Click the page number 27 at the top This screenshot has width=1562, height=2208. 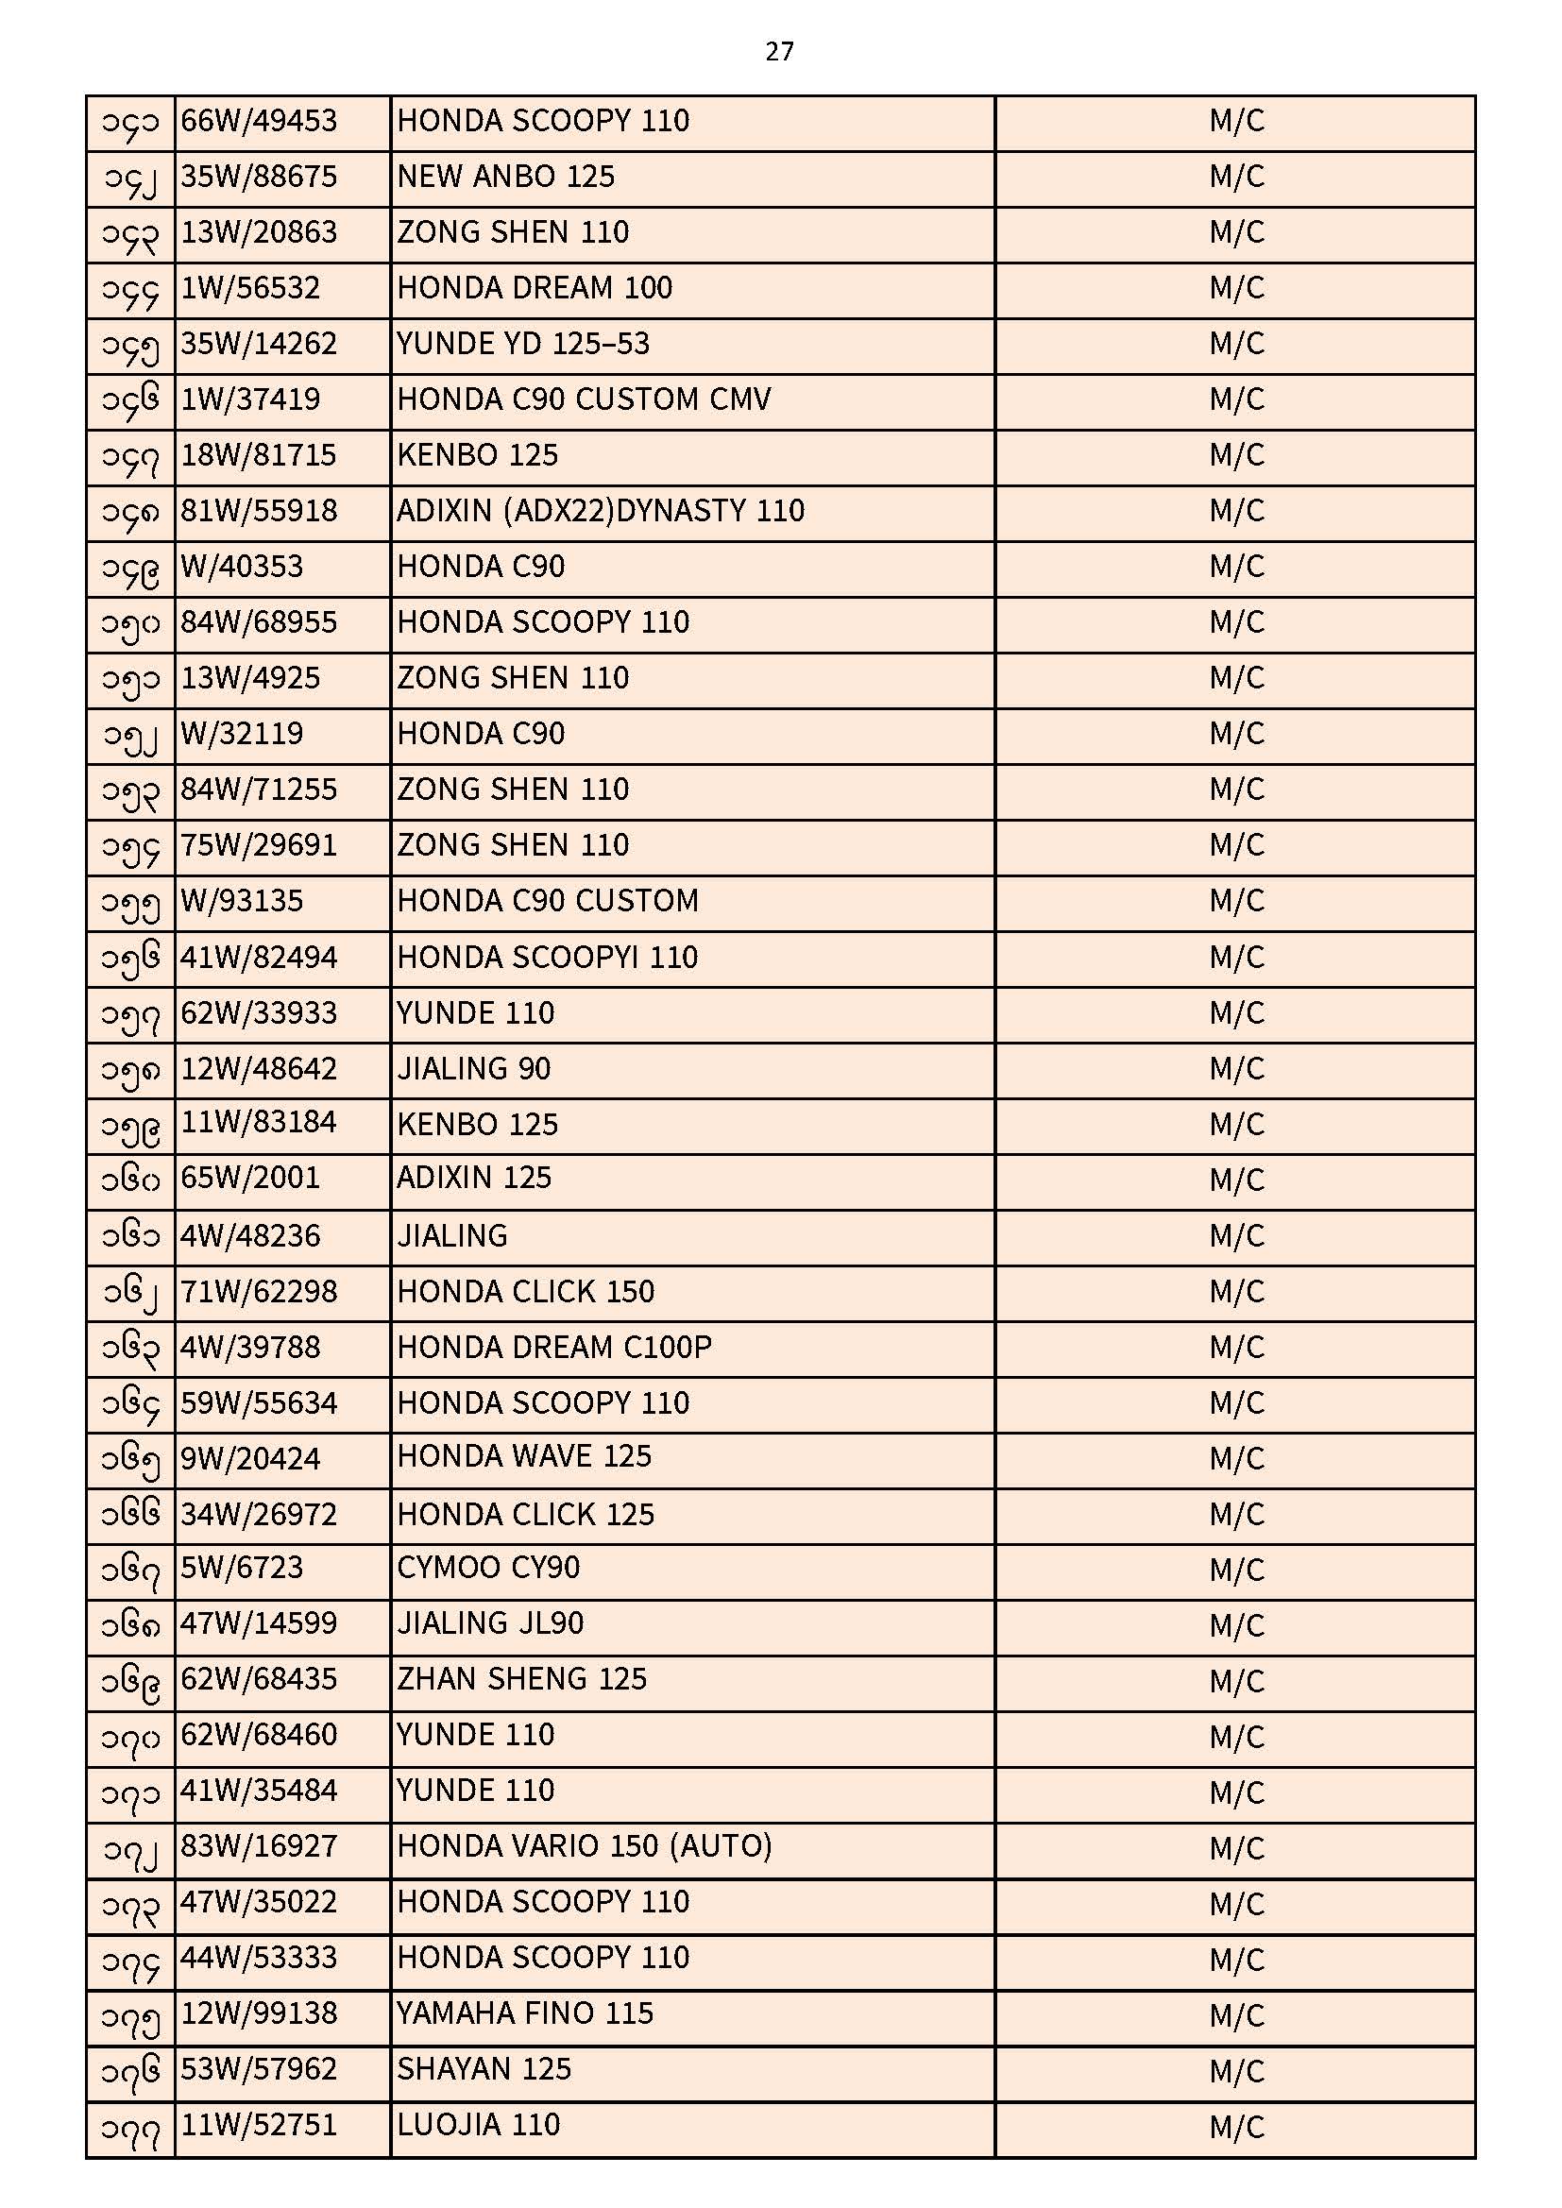click(x=779, y=51)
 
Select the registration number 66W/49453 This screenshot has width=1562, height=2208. click(x=259, y=121)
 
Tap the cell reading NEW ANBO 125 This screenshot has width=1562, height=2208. click(x=505, y=177)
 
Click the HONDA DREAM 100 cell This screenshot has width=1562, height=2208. click(x=534, y=288)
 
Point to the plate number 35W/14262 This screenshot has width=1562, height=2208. click(x=259, y=345)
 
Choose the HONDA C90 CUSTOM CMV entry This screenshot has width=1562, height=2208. click(x=583, y=400)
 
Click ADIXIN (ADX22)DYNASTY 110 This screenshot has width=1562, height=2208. click(x=601, y=512)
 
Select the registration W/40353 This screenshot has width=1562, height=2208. click(x=242, y=568)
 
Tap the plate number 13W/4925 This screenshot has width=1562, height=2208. click(x=250, y=679)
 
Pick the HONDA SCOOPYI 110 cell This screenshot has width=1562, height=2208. click(x=548, y=958)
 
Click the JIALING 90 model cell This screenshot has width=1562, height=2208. click(x=473, y=1069)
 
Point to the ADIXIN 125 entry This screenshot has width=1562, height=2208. click(x=474, y=1179)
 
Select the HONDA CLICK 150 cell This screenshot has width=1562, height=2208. click(x=525, y=1292)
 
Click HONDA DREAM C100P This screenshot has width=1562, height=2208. click(x=554, y=1348)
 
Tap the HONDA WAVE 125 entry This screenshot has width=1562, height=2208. click(x=524, y=1457)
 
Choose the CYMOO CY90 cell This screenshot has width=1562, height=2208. click(x=487, y=1569)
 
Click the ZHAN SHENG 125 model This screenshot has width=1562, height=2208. click(x=521, y=1680)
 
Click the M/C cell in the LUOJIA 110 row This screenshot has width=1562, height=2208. click(x=1236, y=2126)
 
